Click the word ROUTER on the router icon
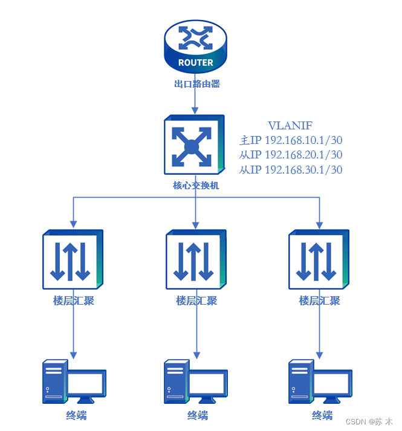195,62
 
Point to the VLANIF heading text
291,126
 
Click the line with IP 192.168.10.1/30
291,140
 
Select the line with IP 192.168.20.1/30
291,155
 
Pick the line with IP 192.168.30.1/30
291,170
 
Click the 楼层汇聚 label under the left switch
73,300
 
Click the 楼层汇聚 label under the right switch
319,300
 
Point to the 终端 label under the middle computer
197,415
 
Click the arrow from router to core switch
195,103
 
